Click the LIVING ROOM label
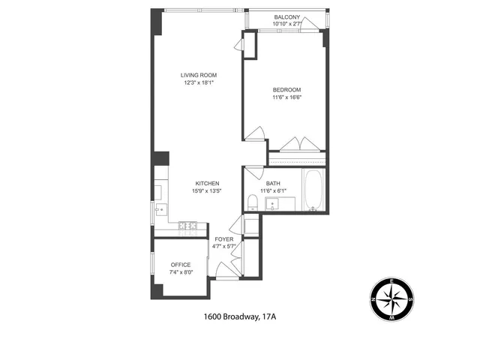199,75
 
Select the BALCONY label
286,17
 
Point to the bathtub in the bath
313,190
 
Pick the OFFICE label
180,265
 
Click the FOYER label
223,239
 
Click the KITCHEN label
207,184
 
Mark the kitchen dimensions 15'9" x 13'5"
207,191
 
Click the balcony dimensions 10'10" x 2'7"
286,25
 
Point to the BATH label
273,184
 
